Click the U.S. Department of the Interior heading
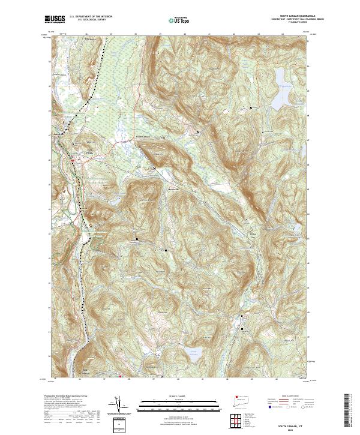click(91, 16)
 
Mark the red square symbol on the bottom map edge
click(121, 377)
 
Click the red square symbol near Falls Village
click(73, 160)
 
